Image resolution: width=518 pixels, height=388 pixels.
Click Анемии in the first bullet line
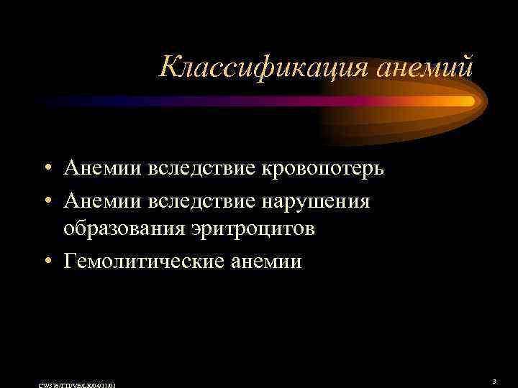pyautogui.click(x=103, y=168)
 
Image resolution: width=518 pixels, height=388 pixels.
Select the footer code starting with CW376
pyautogui.click(x=75, y=385)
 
